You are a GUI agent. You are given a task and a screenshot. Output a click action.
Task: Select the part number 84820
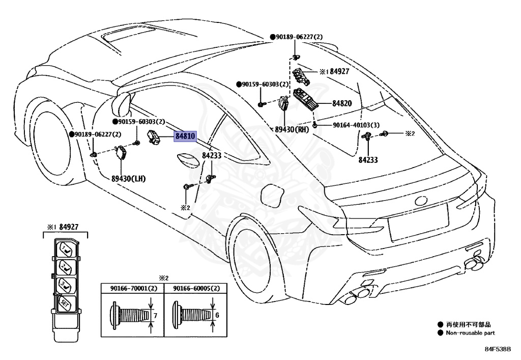point(342,103)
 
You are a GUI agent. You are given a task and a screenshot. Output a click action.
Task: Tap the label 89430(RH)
point(291,130)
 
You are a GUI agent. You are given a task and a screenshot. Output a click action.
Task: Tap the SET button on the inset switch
point(65,302)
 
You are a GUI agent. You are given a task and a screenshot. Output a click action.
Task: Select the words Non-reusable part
point(470,333)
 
